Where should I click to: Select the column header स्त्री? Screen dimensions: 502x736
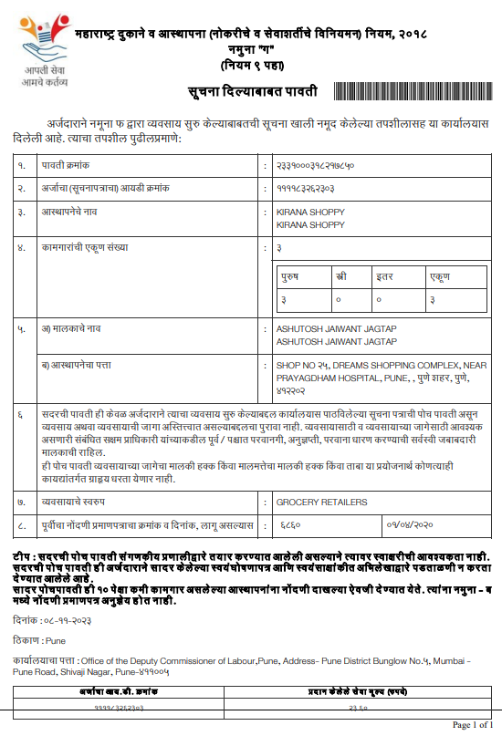pos(340,275)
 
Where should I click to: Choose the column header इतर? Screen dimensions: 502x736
pos(386,275)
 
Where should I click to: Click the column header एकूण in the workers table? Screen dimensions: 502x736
pos(439,275)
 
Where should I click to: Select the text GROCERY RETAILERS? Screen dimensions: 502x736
pos(309,502)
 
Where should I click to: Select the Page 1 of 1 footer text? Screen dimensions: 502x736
pos(472,725)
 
